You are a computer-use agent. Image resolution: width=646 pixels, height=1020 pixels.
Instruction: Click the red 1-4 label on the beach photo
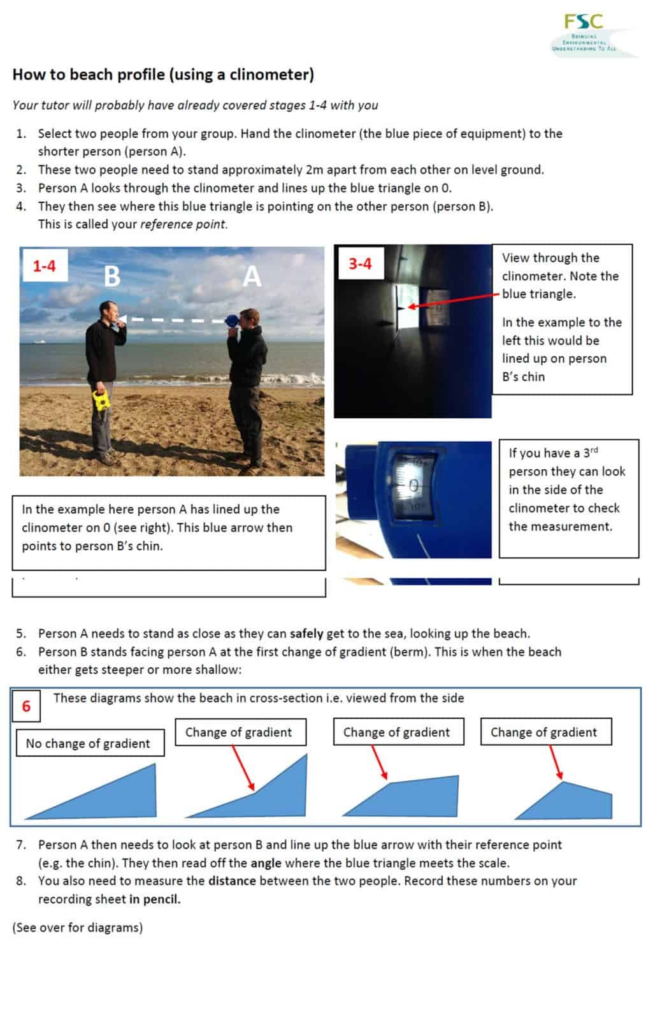[x=44, y=266]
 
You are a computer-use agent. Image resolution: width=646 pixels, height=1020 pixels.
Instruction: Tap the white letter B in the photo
[x=111, y=276]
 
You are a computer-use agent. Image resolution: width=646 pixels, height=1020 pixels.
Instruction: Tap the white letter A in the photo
[x=252, y=276]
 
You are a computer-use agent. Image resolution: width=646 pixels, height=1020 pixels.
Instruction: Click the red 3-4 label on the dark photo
[x=359, y=263]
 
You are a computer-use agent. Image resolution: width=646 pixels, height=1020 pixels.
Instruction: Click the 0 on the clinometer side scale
[x=413, y=486]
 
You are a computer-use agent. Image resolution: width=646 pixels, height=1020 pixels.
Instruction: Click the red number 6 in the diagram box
[x=26, y=706]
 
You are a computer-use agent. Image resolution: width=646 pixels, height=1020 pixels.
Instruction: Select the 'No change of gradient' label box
[x=89, y=743]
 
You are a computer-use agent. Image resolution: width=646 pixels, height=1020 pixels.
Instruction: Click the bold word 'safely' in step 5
[x=306, y=634]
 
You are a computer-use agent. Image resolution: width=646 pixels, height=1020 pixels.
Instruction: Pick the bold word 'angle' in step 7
[x=266, y=863]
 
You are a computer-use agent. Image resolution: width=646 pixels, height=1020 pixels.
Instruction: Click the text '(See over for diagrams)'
[x=78, y=928]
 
